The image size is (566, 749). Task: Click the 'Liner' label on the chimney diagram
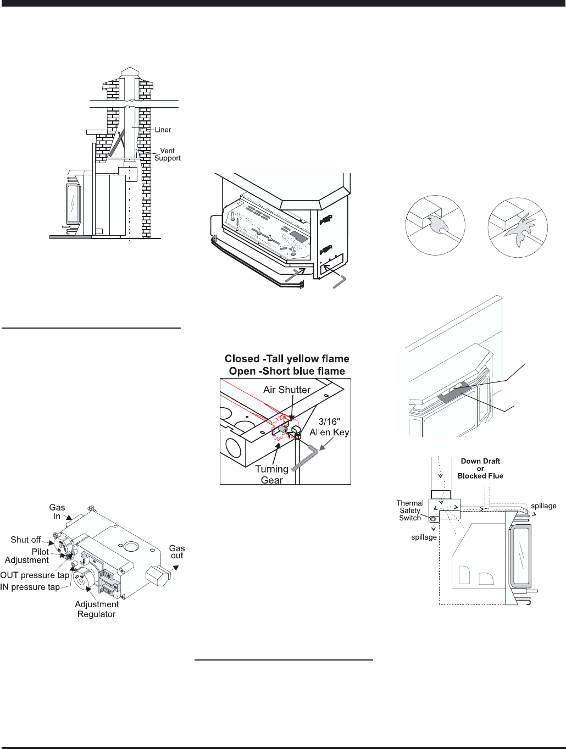(163, 130)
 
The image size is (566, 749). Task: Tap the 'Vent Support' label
(167, 154)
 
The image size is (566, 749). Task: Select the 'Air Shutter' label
(287, 390)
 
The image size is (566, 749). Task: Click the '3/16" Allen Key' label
(329, 427)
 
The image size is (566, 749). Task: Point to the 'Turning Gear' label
(272, 475)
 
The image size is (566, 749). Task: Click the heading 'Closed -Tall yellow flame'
(287, 359)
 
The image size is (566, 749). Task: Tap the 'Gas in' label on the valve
(57, 512)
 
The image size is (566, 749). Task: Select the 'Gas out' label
(177, 552)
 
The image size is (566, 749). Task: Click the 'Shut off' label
(26, 540)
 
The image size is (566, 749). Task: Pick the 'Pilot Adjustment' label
(27, 556)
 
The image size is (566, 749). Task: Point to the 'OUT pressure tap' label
(35, 575)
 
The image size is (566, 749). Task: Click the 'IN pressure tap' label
(30, 587)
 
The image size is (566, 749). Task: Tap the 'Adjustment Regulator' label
(97, 609)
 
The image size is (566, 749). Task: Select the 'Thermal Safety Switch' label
(410, 511)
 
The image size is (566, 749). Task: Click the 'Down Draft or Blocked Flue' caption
(480, 469)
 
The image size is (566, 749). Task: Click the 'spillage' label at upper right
(543, 506)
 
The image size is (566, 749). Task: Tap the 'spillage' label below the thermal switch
(424, 537)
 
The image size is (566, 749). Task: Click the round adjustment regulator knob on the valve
(85, 577)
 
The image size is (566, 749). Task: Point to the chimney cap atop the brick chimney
(130, 71)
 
